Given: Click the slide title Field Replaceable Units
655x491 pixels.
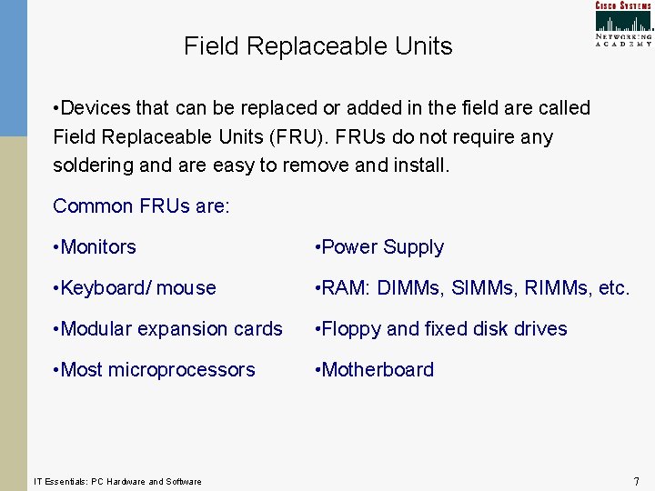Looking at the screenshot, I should (317, 46).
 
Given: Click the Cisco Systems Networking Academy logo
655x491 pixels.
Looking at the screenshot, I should (623, 25).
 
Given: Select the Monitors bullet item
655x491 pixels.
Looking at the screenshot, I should (95, 247).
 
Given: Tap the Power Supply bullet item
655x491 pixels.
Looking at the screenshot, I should (378, 247).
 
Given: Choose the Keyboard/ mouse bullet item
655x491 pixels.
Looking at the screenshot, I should (135, 288).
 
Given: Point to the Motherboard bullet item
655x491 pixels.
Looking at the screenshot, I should (373, 370).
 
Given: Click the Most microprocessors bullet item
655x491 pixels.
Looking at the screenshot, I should (154, 370).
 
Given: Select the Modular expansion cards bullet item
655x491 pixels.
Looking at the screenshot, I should (167, 329).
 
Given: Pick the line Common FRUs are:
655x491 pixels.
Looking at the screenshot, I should (141, 206).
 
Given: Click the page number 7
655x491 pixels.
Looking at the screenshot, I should (636, 481).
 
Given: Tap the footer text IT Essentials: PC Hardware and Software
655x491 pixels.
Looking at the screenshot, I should (117, 481).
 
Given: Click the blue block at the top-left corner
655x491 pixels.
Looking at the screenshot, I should (14, 68).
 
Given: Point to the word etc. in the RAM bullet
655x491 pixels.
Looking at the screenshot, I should (614, 288).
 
